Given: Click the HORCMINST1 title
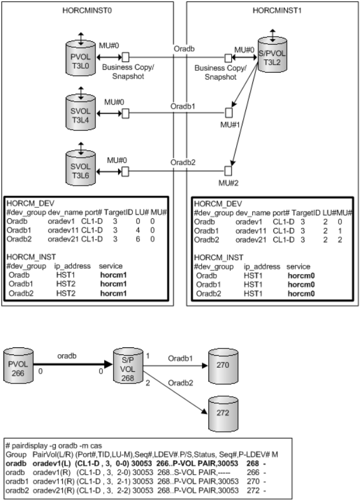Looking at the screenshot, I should coord(272,11).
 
